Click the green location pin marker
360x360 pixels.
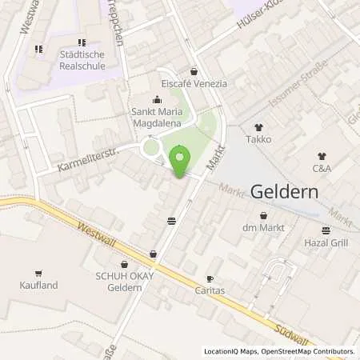tap(180, 161)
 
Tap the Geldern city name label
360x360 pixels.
tap(286, 192)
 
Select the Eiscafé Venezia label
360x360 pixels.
tap(194, 83)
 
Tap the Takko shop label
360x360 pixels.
tap(258, 139)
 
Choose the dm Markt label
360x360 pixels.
tap(264, 228)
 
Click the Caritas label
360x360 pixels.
tap(210, 290)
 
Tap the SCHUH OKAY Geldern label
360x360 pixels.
tap(124, 282)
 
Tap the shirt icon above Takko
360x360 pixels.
tap(258, 127)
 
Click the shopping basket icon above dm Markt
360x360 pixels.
tap(264, 215)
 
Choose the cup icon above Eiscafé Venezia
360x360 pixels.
tap(194, 71)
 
